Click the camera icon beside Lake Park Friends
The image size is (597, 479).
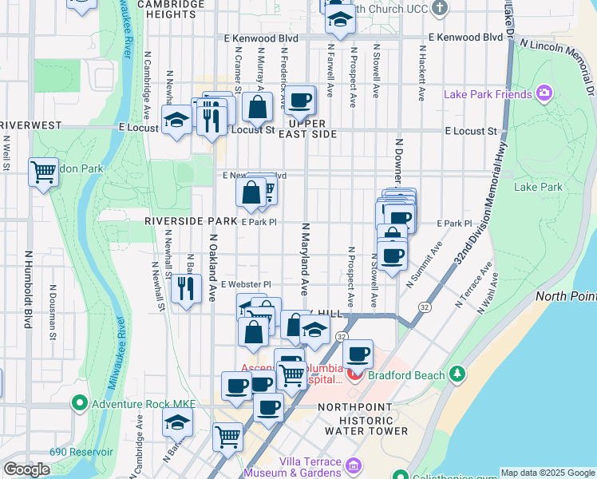tap(544, 94)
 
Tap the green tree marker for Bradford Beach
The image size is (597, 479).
tap(457, 374)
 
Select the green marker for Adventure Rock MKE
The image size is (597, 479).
tap(79, 404)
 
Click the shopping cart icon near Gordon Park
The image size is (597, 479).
tap(43, 171)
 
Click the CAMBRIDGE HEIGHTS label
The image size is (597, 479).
tap(170, 9)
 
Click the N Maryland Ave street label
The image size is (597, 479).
tap(304, 259)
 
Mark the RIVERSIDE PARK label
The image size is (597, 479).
tap(191, 220)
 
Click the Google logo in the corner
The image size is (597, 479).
tap(26, 469)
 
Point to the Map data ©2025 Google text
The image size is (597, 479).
tap(547, 473)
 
